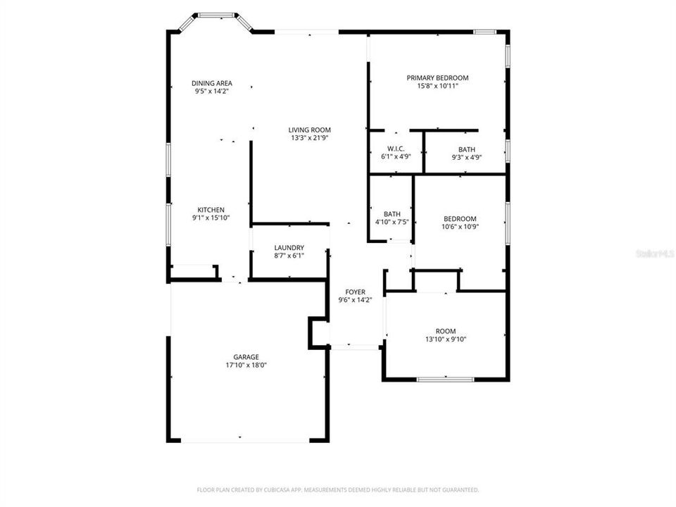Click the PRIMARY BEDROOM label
(437, 77)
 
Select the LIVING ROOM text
(309, 130)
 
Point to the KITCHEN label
(211, 210)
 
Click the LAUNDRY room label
(289, 248)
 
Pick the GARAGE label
(246, 357)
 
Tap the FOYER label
(355, 292)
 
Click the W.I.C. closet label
(395, 149)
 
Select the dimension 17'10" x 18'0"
(246, 365)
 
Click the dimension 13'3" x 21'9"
(309, 138)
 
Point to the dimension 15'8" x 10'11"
(437, 86)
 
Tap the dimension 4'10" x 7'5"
(392, 223)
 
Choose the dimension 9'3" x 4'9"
(466, 158)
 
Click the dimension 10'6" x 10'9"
(459, 227)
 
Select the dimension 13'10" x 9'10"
(446, 339)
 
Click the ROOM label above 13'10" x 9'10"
(446, 331)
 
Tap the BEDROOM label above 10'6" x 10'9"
(459, 218)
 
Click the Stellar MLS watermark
(654, 252)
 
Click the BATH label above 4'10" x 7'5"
(392, 214)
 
